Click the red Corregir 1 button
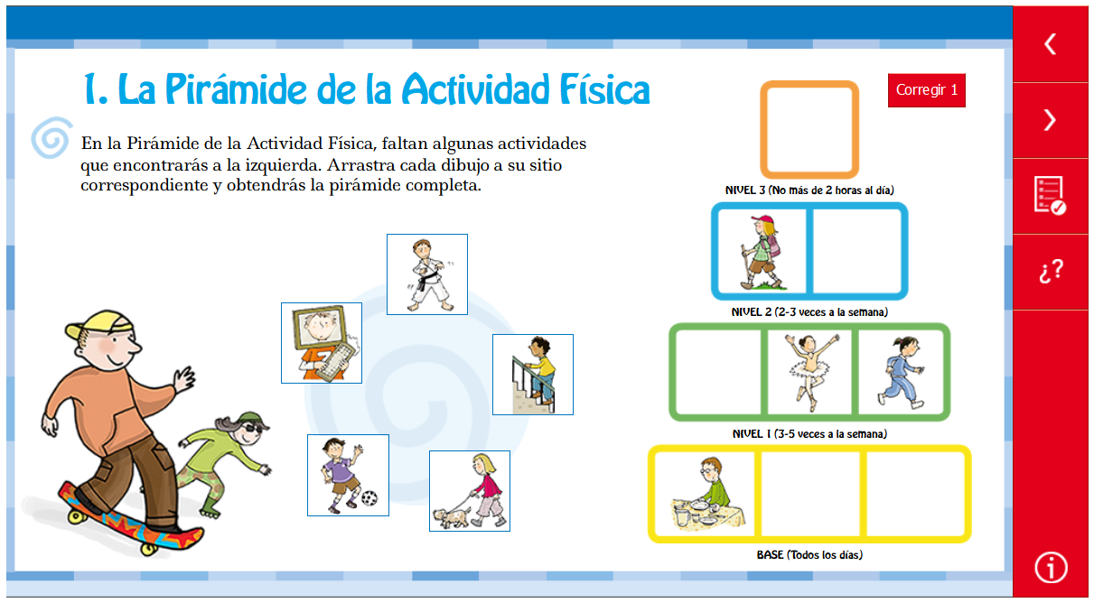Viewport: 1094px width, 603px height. pyautogui.click(x=927, y=90)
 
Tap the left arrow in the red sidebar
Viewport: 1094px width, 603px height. pyautogui.click(x=1051, y=44)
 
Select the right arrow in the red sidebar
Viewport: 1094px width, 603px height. pyautogui.click(x=1051, y=120)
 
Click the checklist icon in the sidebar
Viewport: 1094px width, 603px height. pyautogui.click(x=1050, y=195)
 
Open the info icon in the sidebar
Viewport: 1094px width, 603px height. pyautogui.click(x=1051, y=568)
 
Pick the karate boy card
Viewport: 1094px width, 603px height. pyautogui.click(x=427, y=274)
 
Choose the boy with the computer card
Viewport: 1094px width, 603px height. pyautogui.click(x=322, y=343)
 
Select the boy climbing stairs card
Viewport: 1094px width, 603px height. pyautogui.click(x=533, y=375)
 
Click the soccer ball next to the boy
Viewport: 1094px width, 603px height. pyautogui.click(x=369, y=498)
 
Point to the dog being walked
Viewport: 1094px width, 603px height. pyautogui.click(x=452, y=517)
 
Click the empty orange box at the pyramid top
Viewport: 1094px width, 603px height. pyautogui.click(x=809, y=130)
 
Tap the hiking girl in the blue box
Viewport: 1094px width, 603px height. pyautogui.click(x=761, y=252)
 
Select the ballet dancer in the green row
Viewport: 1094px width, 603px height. pyautogui.click(x=810, y=372)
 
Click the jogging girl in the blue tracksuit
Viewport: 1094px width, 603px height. pyautogui.click(x=901, y=372)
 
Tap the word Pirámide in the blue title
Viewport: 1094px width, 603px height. pyautogui.click(x=236, y=89)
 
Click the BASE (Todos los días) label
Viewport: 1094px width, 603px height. pyautogui.click(x=809, y=555)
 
